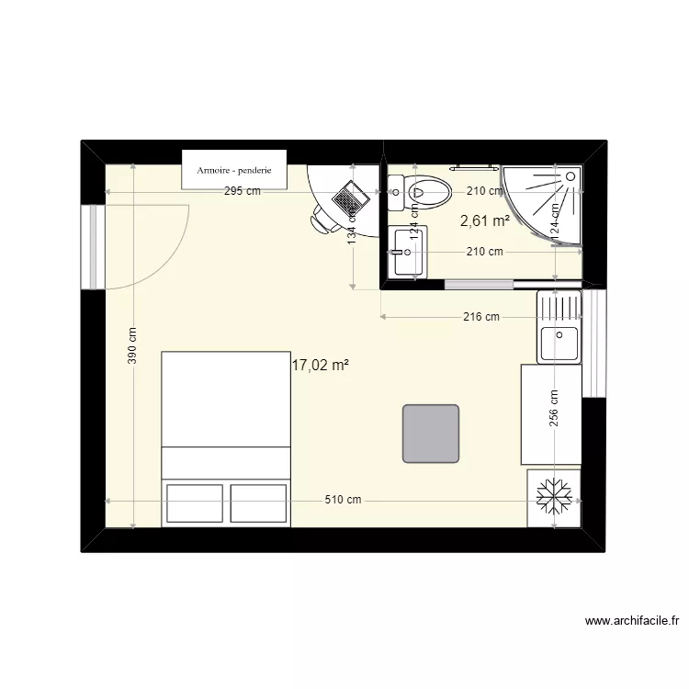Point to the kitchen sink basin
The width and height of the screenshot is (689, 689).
click(x=559, y=344)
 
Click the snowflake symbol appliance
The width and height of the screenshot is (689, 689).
click(x=554, y=497)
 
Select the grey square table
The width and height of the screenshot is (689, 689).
click(x=431, y=433)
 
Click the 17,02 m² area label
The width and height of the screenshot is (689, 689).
click(x=320, y=365)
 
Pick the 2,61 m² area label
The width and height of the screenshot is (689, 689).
click(x=485, y=220)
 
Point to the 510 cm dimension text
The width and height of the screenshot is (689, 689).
click(x=343, y=501)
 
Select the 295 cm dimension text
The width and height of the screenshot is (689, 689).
click(x=242, y=192)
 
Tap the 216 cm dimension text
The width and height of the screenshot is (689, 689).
click(x=480, y=318)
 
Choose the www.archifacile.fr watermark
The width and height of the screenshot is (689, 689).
click(x=631, y=621)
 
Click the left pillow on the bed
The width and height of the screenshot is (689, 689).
click(x=194, y=503)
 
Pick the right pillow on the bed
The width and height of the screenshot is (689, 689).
click(x=259, y=503)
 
